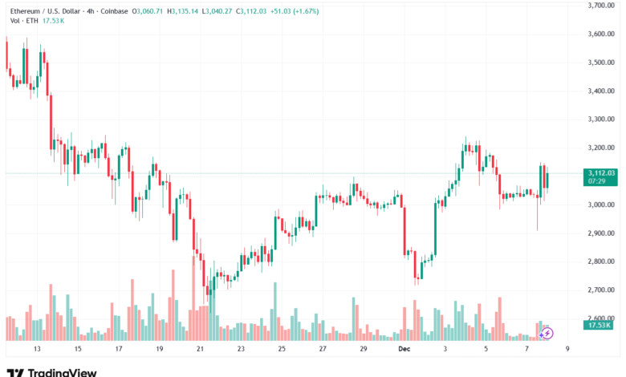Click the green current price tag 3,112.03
point(601,173)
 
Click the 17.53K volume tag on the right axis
point(600,326)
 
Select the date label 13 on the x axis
point(36,350)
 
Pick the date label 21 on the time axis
point(200,350)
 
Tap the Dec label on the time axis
point(404,350)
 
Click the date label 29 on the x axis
point(363,350)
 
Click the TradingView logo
point(51,372)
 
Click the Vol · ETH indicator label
point(22,20)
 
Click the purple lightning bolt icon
point(547,332)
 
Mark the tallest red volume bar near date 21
point(193,297)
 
